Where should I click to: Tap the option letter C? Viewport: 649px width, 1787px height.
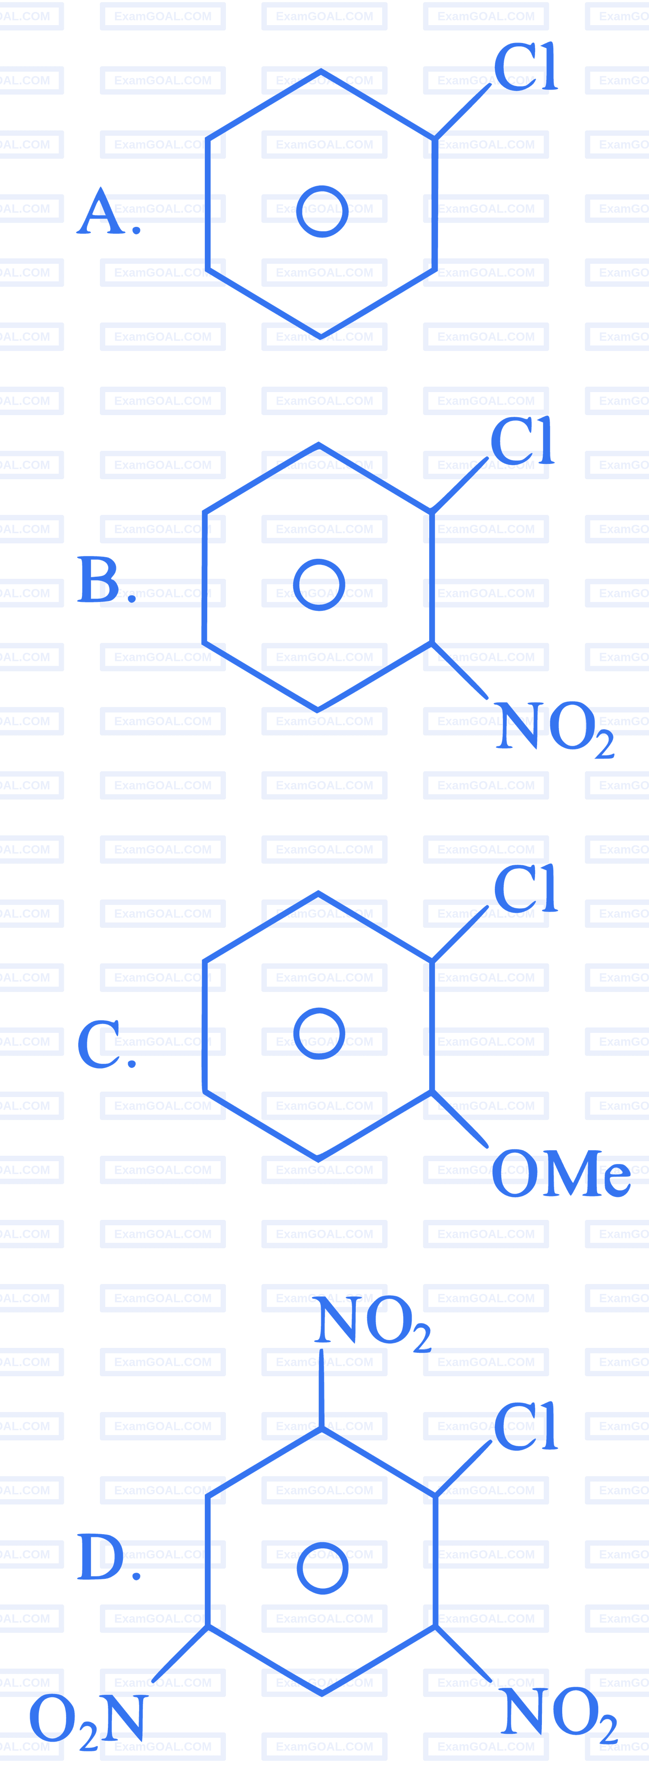(x=99, y=1043)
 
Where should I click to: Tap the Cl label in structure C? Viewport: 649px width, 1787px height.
(x=526, y=889)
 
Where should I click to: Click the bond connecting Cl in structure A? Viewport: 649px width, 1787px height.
(x=462, y=112)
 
